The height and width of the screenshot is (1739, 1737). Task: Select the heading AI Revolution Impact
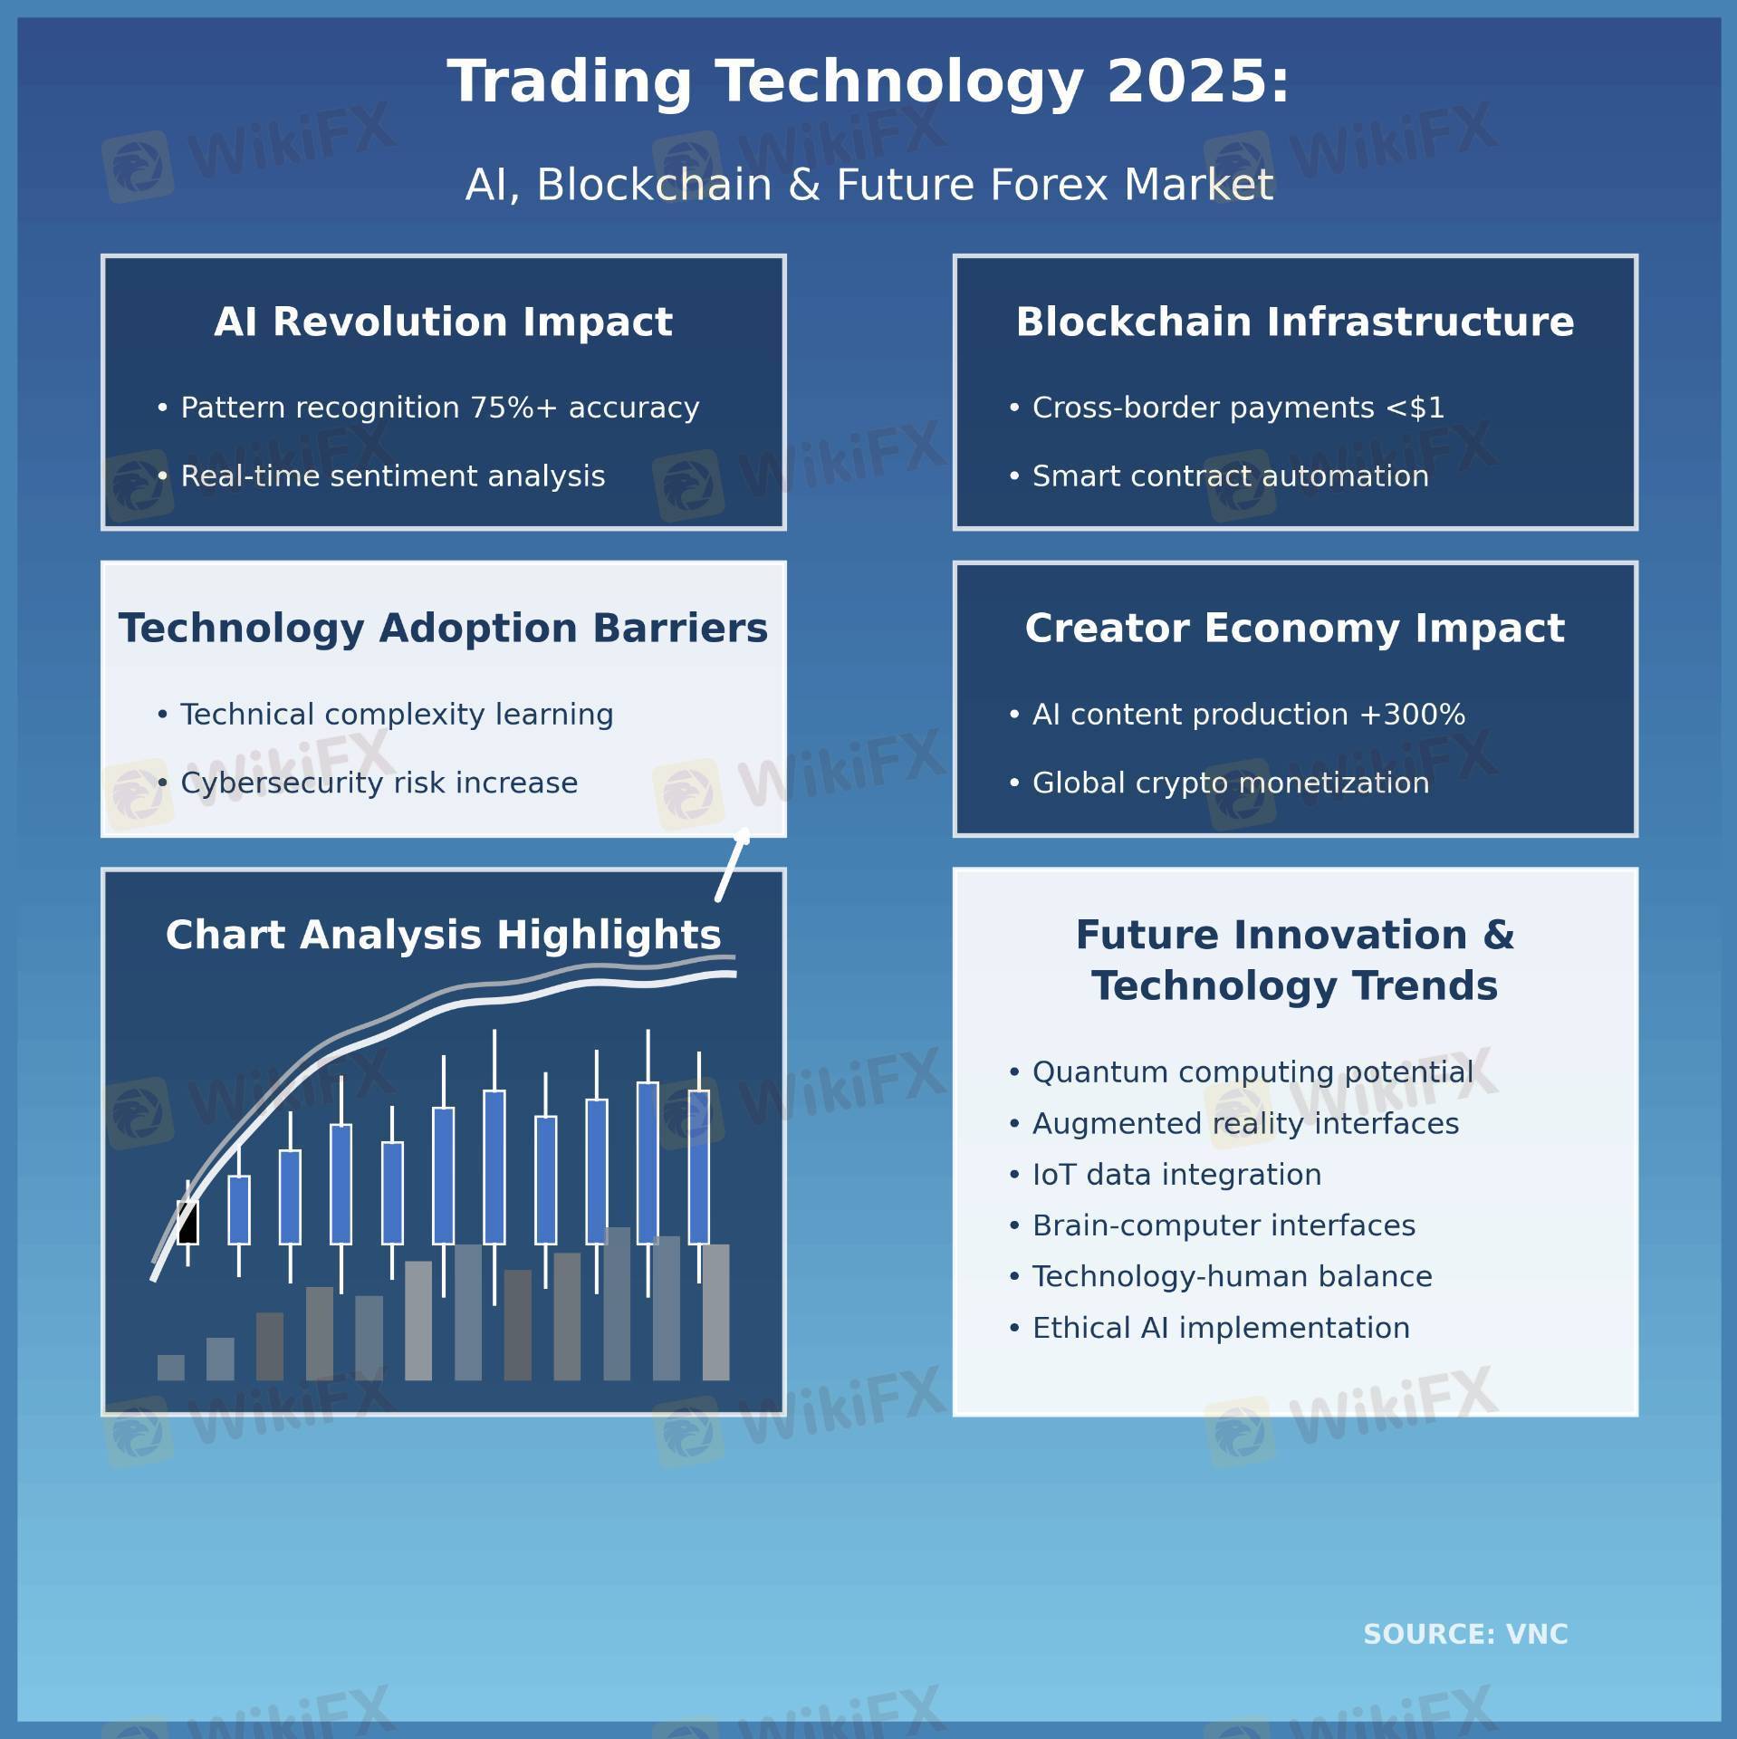[443, 322]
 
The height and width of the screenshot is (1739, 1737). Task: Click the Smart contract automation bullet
[1218, 476]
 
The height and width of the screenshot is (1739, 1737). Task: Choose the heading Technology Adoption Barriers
[443, 628]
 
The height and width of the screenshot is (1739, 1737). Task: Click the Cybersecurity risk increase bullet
[367, 783]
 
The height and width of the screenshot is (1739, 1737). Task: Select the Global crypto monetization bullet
[1218, 783]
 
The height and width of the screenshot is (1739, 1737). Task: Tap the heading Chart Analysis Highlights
[443, 935]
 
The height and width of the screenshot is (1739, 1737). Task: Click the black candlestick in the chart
[187, 1223]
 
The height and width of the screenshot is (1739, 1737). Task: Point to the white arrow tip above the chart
[744, 833]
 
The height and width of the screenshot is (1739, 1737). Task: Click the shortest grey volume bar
[171, 1368]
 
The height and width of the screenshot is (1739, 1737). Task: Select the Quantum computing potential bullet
[1241, 1072]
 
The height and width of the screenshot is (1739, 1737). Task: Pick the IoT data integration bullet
[1165, 1175]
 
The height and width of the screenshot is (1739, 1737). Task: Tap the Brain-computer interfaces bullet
[1212, 1225]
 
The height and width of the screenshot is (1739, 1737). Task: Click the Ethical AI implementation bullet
[1209, 1328]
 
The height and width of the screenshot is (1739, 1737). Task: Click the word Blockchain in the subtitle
[654, 185]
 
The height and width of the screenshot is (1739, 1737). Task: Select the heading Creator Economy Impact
[1295, 628]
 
